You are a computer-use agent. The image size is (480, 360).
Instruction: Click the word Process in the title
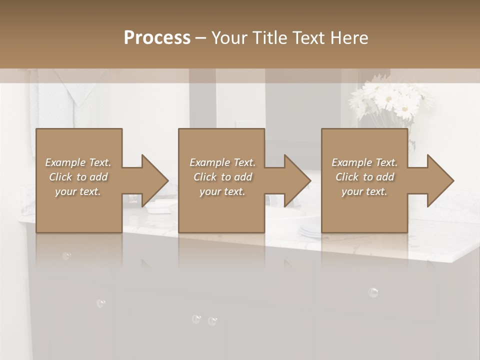point(157,37)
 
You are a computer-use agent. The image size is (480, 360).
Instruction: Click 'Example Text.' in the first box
point(78,162)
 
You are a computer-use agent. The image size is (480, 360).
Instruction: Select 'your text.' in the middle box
point(222,191)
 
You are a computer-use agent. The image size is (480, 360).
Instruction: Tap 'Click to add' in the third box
point(364,177)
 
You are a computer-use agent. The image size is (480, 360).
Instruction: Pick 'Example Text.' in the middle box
point(222,162)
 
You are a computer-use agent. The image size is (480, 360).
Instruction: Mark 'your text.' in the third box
point(364,191)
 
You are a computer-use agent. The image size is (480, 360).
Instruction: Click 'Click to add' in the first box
point(78,177)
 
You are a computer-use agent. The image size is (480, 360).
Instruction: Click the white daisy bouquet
point(390,100)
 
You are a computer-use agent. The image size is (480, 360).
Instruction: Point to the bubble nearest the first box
point(66,256)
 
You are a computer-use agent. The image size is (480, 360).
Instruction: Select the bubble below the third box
point(372,292)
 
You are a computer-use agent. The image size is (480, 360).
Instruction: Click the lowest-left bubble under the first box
point(100,303)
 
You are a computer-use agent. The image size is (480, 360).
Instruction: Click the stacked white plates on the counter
point(310,230)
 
